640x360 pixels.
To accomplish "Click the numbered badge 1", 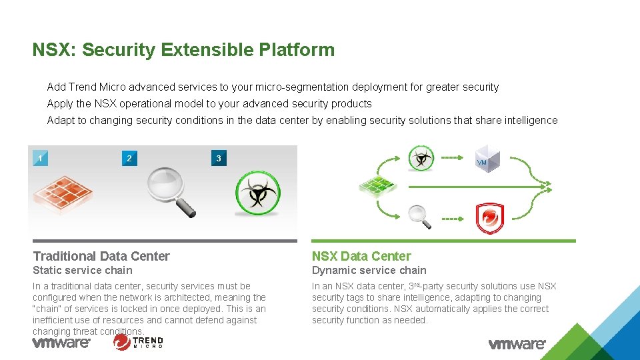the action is (41, 159).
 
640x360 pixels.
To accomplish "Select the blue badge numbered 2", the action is (129, 159).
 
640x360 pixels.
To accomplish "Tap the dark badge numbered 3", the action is (219, 159).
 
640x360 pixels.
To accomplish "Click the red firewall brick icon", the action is (62, 193).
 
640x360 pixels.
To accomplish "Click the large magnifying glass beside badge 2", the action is (171, 191).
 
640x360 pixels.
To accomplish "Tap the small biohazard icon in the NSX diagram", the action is (421, 159).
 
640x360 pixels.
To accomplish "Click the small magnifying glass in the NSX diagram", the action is (419, 215).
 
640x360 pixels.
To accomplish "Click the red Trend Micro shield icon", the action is (489, 219).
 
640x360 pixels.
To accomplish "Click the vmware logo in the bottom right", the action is (517, 344).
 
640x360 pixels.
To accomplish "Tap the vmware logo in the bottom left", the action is (61, 343).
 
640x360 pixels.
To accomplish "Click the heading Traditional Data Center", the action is (101, 256).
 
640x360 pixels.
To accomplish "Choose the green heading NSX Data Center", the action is (361, 256).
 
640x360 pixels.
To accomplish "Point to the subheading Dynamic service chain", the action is (369, 270).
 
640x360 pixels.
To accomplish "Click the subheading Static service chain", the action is (83, 270).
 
